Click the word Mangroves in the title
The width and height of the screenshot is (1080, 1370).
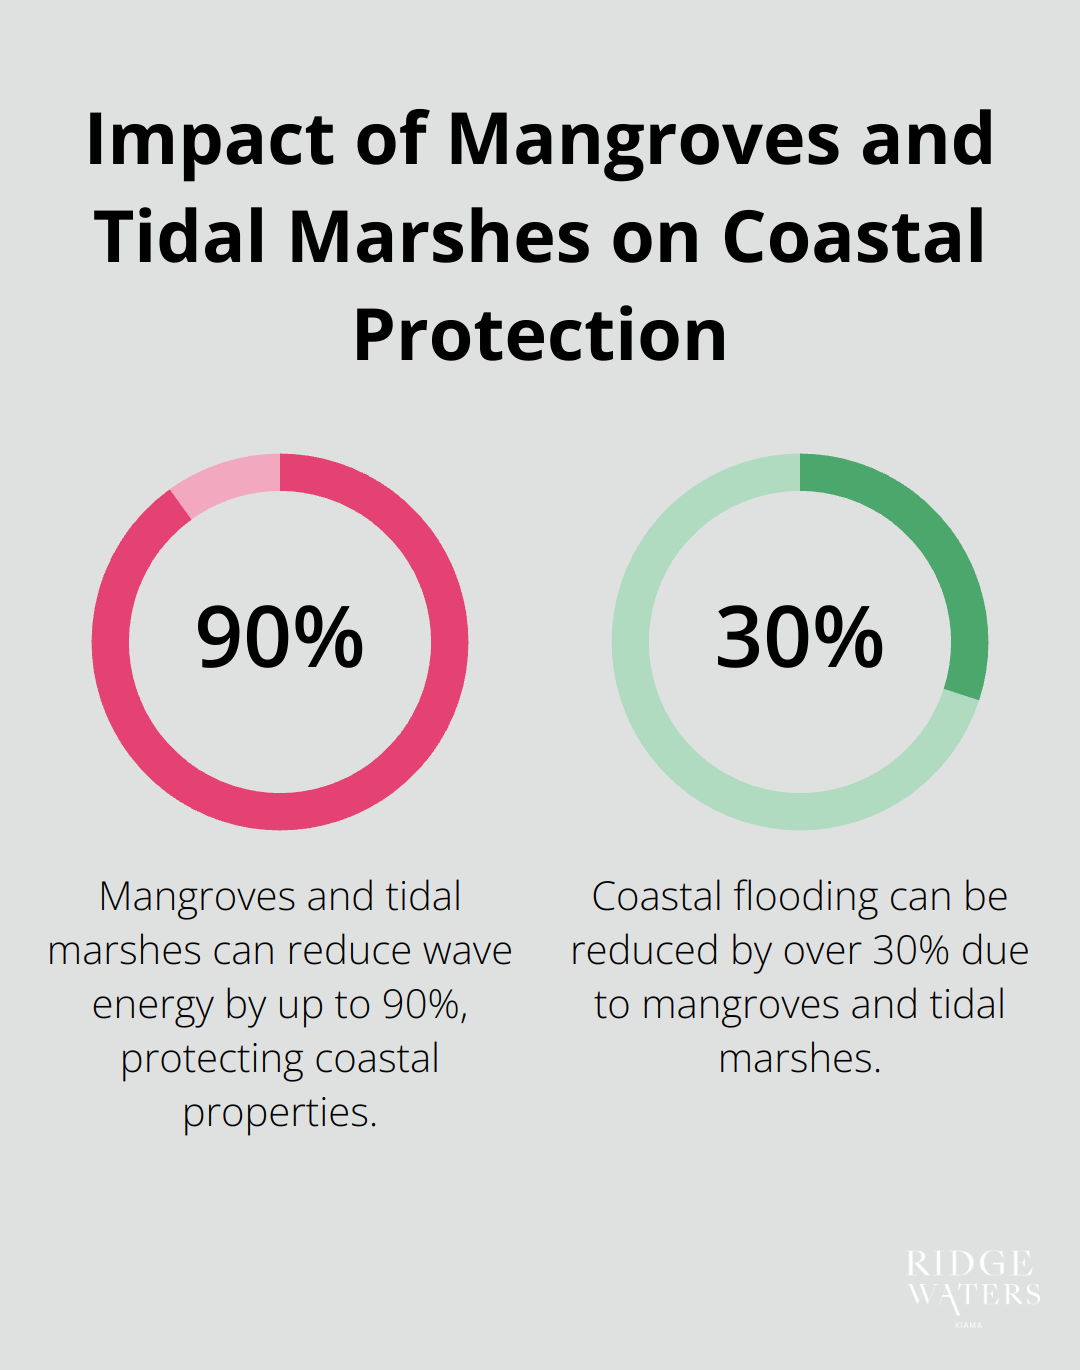coord(644,140)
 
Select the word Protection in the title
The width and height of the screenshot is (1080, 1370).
coord(540,336)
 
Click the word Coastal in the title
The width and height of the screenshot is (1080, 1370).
coord(853,238)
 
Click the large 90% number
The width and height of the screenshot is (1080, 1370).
coord(280,638)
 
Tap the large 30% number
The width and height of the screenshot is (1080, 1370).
coord(800,638)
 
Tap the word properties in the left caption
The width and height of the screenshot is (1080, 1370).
coord(279,1113)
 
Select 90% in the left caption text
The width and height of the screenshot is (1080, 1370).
coord(424,1005)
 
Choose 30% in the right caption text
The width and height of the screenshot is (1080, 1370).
coord(911,951)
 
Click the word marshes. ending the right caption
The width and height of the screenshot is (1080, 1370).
coord(800,1059)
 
